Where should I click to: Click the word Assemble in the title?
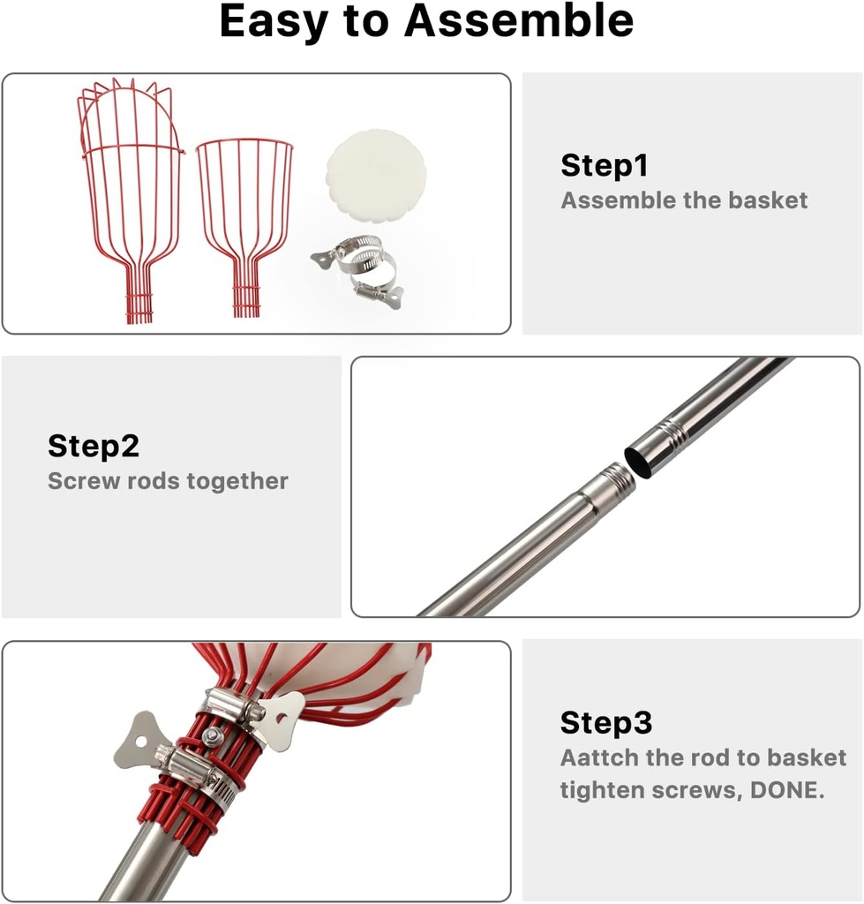[x=519, y=21]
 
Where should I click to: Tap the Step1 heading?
[x=604, y=166]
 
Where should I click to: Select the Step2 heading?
[x=94, y=447]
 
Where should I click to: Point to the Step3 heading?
[x=605, y=723]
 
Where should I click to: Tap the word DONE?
[x=787, y=790]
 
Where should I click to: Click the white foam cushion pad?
[x=376, y=172]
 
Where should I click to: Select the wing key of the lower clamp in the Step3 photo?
[x=139, y=740]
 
